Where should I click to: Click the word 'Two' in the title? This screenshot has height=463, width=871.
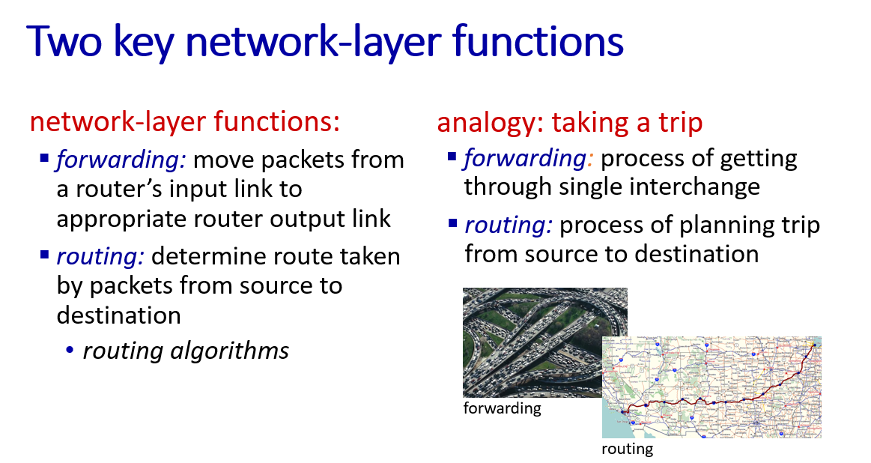[x=64, y=41]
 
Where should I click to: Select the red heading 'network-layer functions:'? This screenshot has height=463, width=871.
[x=184, y=121]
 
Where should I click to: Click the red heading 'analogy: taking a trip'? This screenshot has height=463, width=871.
[x=569, y=122]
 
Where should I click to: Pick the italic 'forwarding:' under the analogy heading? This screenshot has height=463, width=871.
[x=528, y=158]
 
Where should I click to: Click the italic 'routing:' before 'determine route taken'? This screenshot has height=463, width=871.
[x=100, y=256]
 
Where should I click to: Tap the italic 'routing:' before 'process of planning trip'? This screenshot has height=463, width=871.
[x=509, y=225]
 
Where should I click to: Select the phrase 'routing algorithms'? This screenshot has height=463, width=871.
[x=186, y=351]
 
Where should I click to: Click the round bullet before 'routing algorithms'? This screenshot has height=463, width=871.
[x=70, y=350]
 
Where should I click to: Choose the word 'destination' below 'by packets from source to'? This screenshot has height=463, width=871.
[x=119, y=315]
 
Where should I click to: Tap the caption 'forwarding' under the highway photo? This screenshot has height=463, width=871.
[x=503, y=408]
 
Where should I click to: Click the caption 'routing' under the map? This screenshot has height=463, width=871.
[x=627, y=449]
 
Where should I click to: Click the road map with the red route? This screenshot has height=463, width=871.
[x=711, y=387]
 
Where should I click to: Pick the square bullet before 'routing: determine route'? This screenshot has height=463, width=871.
[x=44, y=255]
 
